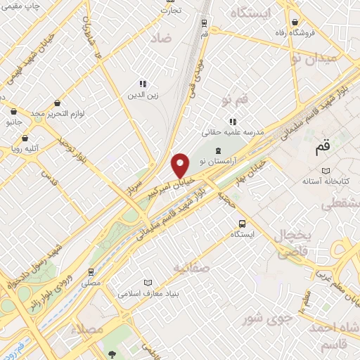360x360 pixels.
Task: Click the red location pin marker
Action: pyautogui.click(x=181, y=165)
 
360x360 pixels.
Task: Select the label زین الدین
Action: pyautogui.click(x=143, y=94)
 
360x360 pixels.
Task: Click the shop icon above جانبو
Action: pyautogui.click(x=13, y=110)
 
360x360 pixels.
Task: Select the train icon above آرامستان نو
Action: pyautogui.click(x=218, y=150)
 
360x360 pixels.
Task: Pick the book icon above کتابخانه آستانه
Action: pyautogui.click(x=325, y=171)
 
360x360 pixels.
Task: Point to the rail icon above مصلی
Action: pyautogui.click(x=91, y=271)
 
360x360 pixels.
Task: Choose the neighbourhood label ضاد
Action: pyautogui.click(x=160, y=39)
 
